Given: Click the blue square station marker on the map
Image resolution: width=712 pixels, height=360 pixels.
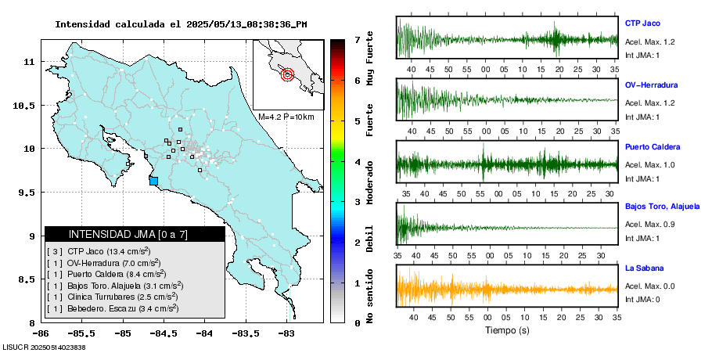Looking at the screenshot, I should click(153, 182).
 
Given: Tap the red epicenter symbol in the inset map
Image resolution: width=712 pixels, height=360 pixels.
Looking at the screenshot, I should click(286, 75).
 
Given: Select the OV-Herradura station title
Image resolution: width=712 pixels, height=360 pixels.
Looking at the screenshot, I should click(651, 85).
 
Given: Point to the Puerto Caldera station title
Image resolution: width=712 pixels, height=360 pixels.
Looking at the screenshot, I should click(652, 147).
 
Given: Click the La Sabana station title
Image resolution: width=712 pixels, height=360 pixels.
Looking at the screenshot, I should click(643, 268).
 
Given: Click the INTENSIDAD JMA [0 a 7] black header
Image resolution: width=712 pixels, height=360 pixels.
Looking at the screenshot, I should click(135, 234).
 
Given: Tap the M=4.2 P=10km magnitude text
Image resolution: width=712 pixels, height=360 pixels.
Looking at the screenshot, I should click(286, 117).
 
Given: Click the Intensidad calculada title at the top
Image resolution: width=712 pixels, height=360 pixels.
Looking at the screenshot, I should click(181, 24).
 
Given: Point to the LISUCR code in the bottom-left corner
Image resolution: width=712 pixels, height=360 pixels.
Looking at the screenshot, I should click(44, 347).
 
